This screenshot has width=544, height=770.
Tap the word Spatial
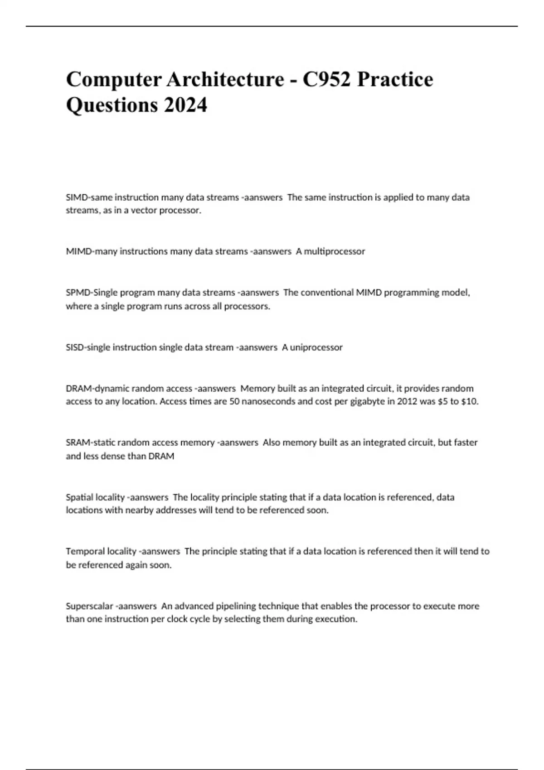point(80,497)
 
